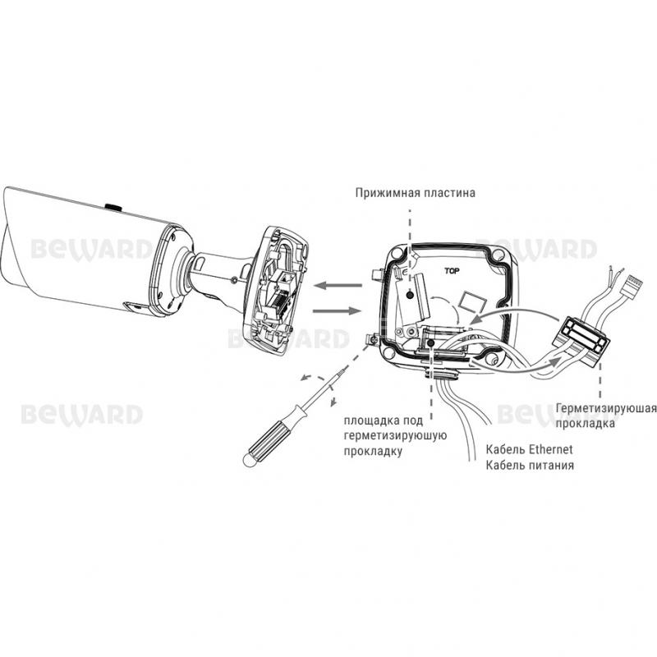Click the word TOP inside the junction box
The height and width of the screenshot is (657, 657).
click(x=452, y=271)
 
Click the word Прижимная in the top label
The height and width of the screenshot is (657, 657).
click(x=388, y=193)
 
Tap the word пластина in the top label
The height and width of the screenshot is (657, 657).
click(x=449, y=193)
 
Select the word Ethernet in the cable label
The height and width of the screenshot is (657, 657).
click(x=550, y=449)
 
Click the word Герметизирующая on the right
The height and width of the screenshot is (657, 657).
click(x=606, y=408)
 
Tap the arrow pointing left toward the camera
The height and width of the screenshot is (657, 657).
click(x=338, y=285)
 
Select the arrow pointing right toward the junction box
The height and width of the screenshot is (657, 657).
click(x=338, y=310)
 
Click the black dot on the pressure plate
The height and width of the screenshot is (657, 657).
click(x=410, y=295)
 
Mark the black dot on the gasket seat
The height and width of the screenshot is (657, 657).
click(x=431, y=343)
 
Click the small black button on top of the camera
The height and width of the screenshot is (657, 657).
click(x=113, y=207)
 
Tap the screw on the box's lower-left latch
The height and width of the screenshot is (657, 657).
click(x=371, y=340)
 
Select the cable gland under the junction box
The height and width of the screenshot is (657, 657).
click(x=441, y=373)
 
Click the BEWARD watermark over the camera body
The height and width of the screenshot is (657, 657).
click(x=92, y=250)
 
